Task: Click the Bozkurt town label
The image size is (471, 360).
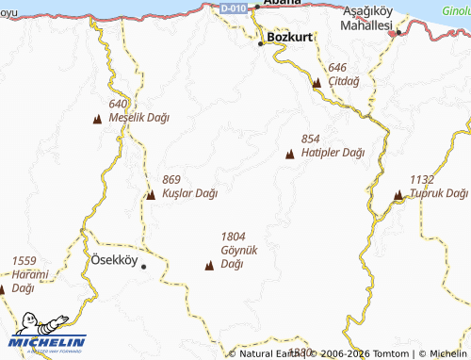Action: [289, 38]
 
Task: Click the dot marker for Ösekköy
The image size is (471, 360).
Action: [144, 267]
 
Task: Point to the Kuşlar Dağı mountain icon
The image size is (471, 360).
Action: [151, 195]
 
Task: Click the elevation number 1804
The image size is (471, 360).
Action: [234, 237]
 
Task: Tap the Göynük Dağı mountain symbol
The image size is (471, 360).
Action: [208, 267]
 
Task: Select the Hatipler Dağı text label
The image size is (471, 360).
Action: [333, 152]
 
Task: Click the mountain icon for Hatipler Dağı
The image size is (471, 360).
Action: [289, 153]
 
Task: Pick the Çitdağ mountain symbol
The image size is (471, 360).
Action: [317, 83]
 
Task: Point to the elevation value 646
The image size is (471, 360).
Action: [338, 68]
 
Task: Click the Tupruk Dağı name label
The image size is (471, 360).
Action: [439, 193]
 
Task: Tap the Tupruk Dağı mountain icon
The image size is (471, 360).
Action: [398, 195]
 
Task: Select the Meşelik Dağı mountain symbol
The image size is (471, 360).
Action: [97, 119]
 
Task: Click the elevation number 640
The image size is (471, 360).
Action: [118, 104]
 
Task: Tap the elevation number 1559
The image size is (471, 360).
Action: [24, 260]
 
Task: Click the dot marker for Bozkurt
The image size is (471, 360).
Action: [261, 43]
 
